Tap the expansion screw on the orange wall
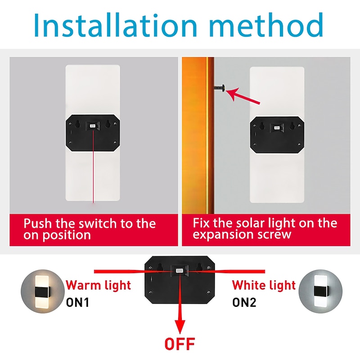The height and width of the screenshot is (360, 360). (220, 89)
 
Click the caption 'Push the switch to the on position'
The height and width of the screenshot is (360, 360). (90, 229)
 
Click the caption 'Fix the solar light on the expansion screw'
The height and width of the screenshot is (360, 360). (265, 229)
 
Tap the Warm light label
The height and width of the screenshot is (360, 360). (99, 285)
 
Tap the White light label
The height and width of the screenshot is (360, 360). (264, 285)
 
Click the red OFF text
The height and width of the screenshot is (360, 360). (180, 344)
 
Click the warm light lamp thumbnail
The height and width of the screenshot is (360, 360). (40, 293)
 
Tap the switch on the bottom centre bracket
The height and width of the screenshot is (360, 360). (180, 272)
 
